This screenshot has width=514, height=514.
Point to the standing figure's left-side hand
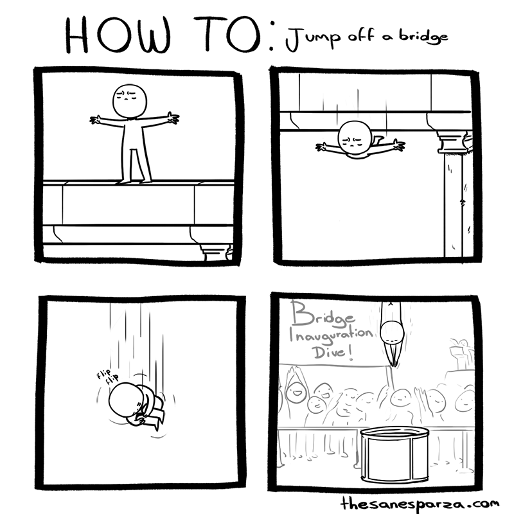[x=97, y=120]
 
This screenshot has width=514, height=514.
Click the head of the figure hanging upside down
[x=354, y=139]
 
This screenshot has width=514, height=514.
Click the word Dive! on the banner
[x=333, y=355]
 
